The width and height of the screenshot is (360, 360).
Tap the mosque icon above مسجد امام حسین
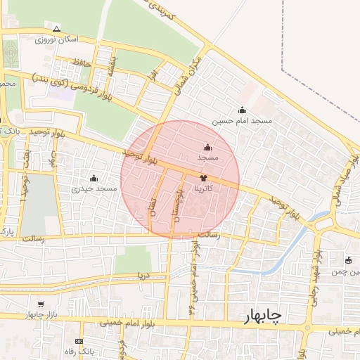click(x=243, y=110)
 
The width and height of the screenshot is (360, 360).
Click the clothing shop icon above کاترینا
click(x=203, y=179)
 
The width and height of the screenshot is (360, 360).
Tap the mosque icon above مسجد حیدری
click(x=94, y=178)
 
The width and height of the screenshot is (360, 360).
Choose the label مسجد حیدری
click(x=94, y=189)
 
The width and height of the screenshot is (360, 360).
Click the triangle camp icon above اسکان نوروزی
click(x=56, y=29)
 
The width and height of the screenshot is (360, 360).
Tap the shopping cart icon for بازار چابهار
click(x=41, y=304)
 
